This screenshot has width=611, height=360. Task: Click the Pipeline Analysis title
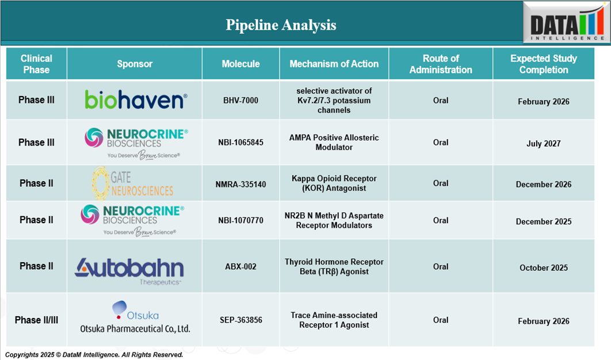tap(281, 25)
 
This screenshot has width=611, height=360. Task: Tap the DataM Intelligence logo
tap(567, 22)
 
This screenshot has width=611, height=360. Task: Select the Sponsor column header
tap(135, 64)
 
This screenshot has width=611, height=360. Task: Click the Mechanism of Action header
tap(334, 64)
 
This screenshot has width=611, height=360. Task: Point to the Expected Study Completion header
tap(544, 64)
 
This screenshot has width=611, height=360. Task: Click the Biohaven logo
tap(136, 99)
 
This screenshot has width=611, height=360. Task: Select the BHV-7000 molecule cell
tap(241, 101)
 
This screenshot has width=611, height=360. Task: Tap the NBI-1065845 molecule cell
tap(241, 143)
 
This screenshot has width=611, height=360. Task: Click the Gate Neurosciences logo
tap(132, 183)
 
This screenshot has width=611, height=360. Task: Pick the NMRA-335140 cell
tap(241, 185)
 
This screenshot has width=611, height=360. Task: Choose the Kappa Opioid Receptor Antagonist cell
tap(334, 183)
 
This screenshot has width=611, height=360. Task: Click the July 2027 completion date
tap(544, 144)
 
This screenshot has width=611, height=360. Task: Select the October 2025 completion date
tap(544, 268)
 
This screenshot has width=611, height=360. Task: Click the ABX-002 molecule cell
tap(241, 267)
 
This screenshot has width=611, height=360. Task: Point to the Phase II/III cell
tap(36, 320)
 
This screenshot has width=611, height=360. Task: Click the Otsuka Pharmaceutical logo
tap(135, 317)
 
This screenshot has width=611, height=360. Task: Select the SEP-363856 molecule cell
tap(241, 320)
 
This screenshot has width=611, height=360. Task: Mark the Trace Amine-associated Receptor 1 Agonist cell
tap(334, 320)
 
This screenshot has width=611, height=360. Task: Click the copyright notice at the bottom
tap(94, 355)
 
